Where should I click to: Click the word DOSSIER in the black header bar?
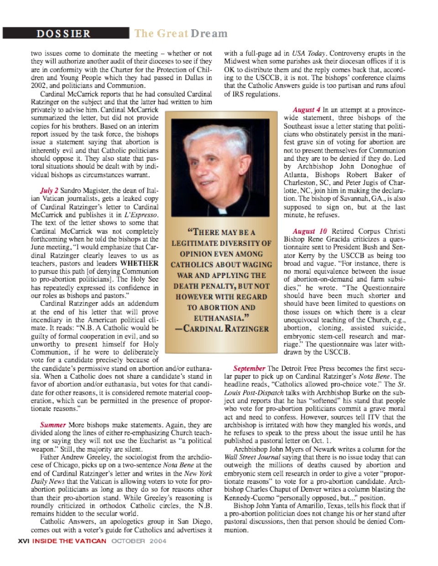point(63,34)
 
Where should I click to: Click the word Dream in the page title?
point(209,33)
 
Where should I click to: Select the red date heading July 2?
point(49,190)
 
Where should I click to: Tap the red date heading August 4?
point(306,110)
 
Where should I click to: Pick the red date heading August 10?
point(310,232)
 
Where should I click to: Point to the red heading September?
point(249,368)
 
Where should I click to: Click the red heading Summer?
point(53,425)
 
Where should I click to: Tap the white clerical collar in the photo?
point(222,211)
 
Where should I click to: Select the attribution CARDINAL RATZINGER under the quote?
point(222,329)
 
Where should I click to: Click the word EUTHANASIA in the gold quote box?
point(221,318)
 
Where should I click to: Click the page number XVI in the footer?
point(23,541)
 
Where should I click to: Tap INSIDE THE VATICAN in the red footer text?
point(69,541)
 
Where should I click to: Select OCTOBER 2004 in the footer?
point(139,541)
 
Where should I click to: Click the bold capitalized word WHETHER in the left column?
point(140,263)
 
